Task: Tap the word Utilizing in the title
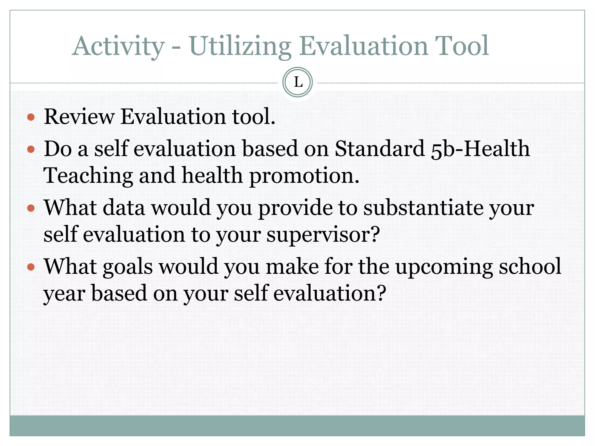(x=240, y=46)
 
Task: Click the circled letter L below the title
(x=297, y=82)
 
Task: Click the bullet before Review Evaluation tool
(x=31, y=117)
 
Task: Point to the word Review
(x=79, y=117)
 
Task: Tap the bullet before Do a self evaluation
(x=31, y=150)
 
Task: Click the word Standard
(x=380, y=149)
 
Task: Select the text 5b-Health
(x=480, y=149)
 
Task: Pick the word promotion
(x=304, y=176)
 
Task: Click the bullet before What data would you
(x=31, y=208)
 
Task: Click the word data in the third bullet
(x=124, y=208)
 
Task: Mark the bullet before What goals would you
(x=31, y=267)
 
